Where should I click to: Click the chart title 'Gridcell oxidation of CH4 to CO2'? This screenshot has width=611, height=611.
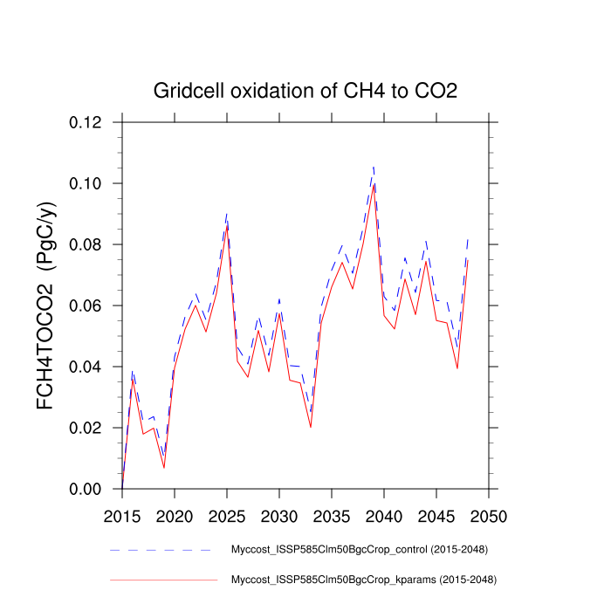(305, 91)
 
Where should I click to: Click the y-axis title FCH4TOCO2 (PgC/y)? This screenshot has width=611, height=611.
(46, 305)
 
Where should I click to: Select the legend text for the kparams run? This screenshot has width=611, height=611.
(362, 580)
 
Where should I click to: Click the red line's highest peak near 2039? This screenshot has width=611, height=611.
(374, 183)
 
